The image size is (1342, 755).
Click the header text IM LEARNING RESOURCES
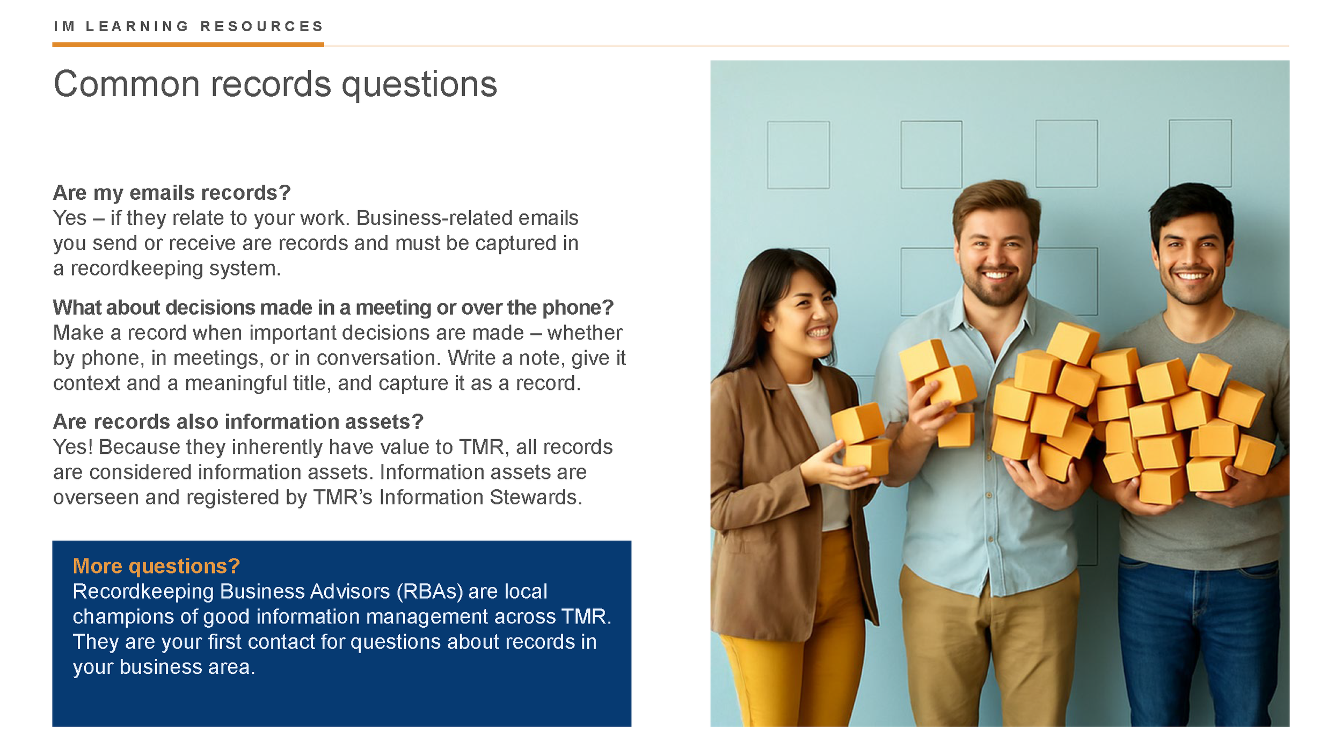[188, 26]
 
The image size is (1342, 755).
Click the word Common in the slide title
[126, 84]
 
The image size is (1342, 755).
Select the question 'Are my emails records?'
[172, 193]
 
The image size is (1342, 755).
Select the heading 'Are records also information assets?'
[238, 422]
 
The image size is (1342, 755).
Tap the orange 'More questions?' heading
[156, 567]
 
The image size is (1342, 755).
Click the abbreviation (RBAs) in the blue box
[429, 592]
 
